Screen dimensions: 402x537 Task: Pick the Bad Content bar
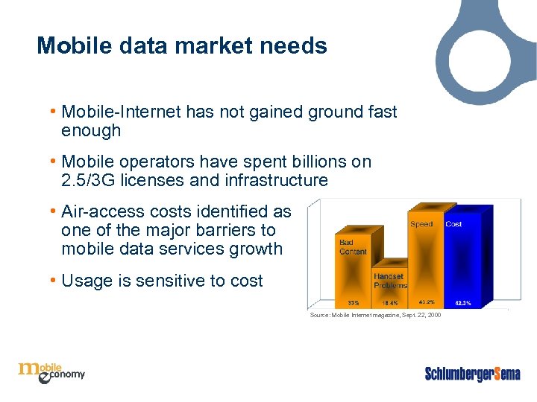click(x=354, y=272)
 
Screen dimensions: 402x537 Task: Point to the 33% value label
click(x=354, y=303)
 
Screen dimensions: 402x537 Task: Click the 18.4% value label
click(x=390, y=303)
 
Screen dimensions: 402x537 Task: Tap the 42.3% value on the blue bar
click(x=462, y=303)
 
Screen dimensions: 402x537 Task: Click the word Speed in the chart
click(x=421, y=224)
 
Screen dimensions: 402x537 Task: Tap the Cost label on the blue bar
click(x=453, y=224)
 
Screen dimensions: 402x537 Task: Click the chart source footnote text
click(x=375, y=316)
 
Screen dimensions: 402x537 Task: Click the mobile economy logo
click(x=51, y=371)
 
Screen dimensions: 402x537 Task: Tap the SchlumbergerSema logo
click(x=472, y=374)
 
